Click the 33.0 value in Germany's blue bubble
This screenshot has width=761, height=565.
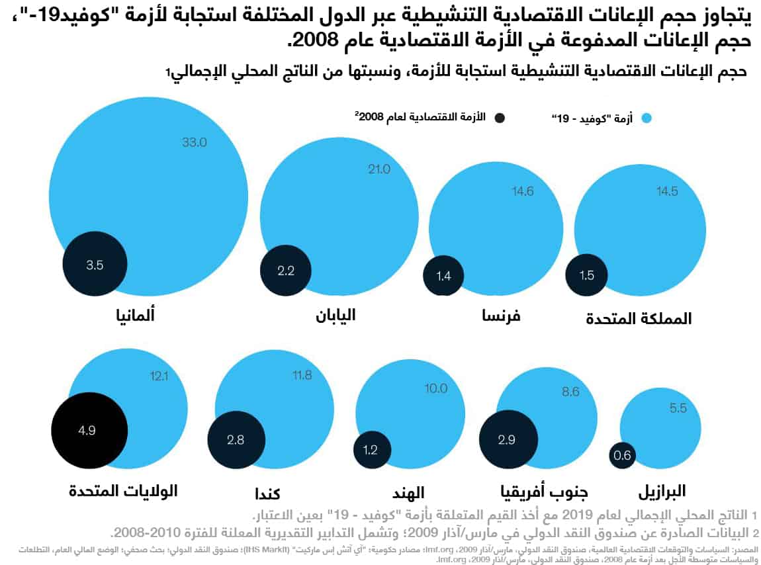pyautogui.click(x=195, y=142)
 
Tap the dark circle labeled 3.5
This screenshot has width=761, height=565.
pyautogui.click(x=95, y=265)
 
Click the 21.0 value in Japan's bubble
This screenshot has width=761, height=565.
pyautogui.click(x=379, y=169)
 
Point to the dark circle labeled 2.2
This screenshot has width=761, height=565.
pyautogui.click(x=286, y=271)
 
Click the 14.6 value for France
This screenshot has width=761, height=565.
pyautogui.click(x=522, y=192)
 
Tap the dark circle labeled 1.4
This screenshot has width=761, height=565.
pyautogui.click(x=443, y=276)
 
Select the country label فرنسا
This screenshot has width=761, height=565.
pyautogui.click(x=501, y=316)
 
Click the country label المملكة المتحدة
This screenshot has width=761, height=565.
pyautogui.click(x=639, y=318)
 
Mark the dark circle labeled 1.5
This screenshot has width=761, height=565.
pyautogui.click(x=586, y=275)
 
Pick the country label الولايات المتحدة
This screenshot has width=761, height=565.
pyautogui.click(x=123, y=491)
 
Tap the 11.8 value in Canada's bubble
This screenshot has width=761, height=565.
pyautogui.click(x=302, y=376)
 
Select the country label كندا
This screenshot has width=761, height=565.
pyautogui.click(x=267, y=494)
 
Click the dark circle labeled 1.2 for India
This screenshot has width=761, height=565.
pyautogui.click(x=370, y=450)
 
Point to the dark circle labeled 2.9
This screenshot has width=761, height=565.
pyautogui.click(x=506, y=440)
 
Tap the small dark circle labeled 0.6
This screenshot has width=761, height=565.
pyautogui.click(x=622, y=455)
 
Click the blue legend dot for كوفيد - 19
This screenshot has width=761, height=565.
pyautogui.click(x=647, y=118)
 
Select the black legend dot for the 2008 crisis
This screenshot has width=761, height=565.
pyautogui.click(x=500, y=118)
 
